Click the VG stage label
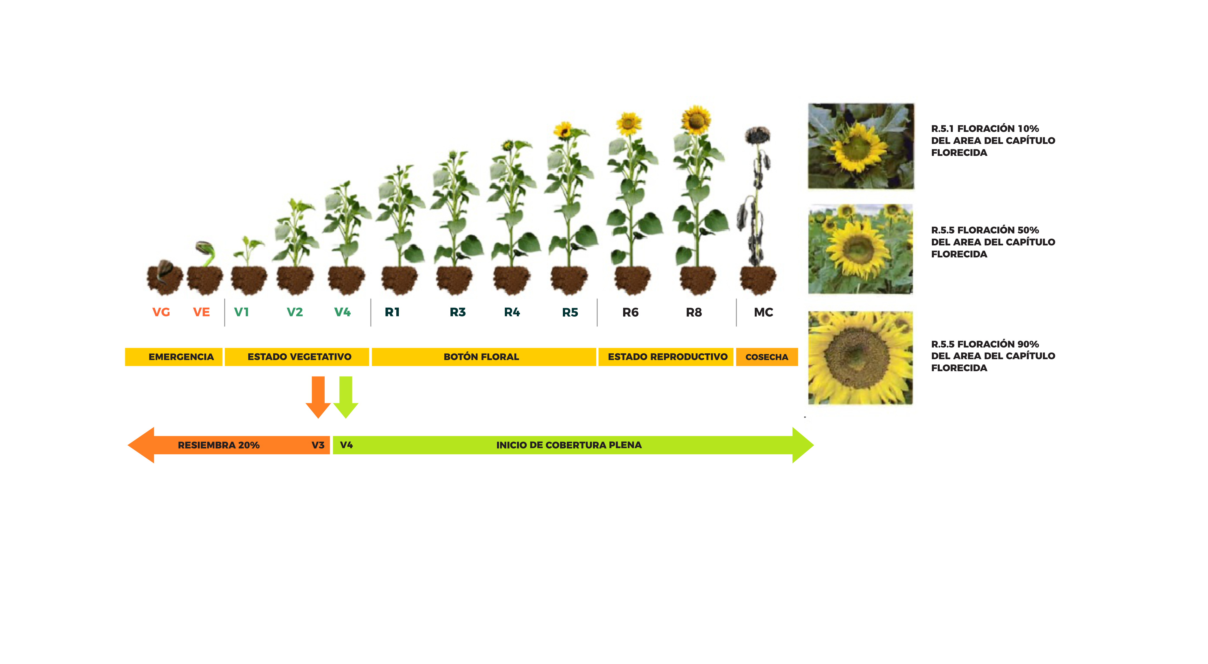coord(161,312)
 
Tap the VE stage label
coord(201,312)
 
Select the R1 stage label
coord(392,312)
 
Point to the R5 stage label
coord(570,312)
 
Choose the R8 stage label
coord(694,312)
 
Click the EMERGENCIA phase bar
coord(173,357)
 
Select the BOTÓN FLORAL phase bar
coord(483,357)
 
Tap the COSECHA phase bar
coord(767,357)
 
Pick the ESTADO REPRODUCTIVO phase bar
coord(666,357)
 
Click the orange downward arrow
coord(318,397)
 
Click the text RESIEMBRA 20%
coord(218,445)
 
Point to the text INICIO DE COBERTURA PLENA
coord(569,445)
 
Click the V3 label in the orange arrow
coord(318,445)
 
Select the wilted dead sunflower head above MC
coord(757,135)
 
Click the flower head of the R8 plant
coord(696,120)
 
